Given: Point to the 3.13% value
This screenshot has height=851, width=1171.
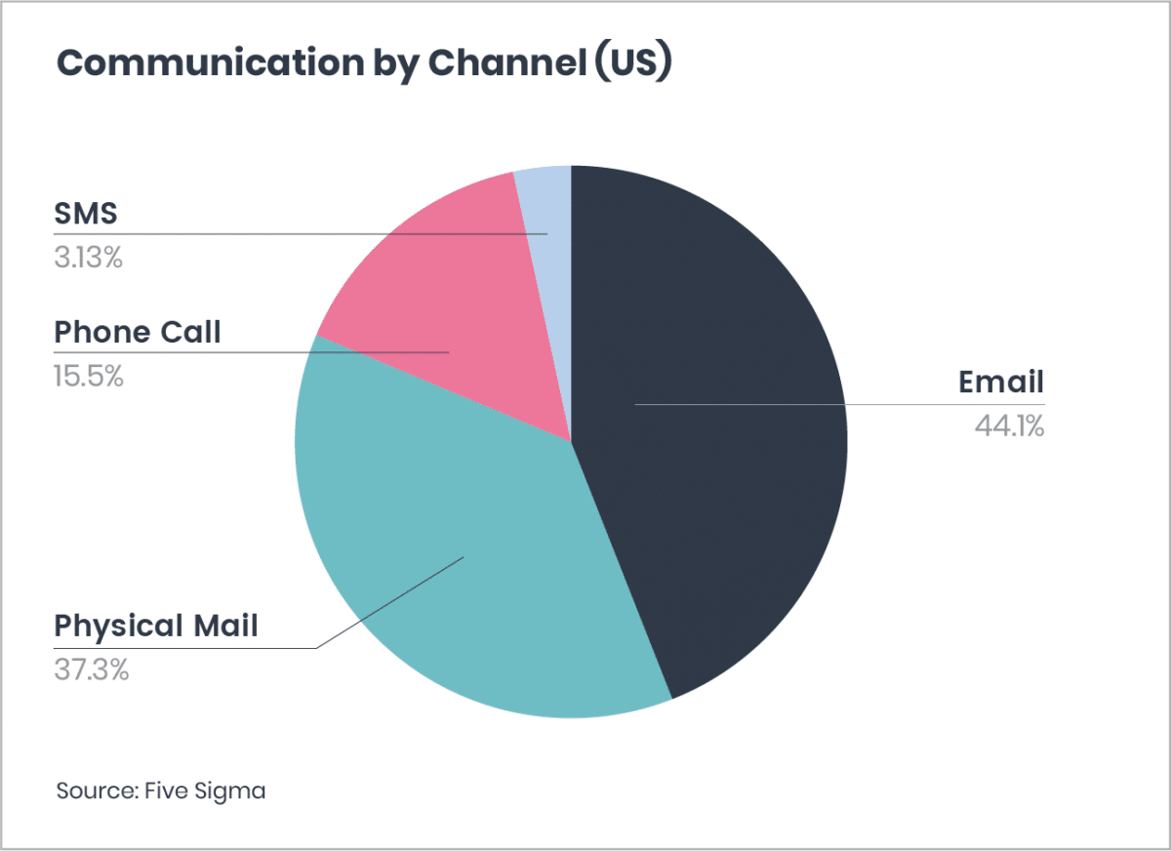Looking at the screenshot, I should click(x=88, y=259).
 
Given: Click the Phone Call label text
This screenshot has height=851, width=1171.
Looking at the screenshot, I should click(x=138, y=333).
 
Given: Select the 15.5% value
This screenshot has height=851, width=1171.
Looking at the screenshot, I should click(x=89, y=376).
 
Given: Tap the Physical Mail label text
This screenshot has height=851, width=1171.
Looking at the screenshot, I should click(x=156, y=626).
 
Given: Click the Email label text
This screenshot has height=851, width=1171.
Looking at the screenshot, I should click(x=1001, y=382).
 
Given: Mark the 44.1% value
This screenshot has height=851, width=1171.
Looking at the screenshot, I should click(x=1009, y=425).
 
